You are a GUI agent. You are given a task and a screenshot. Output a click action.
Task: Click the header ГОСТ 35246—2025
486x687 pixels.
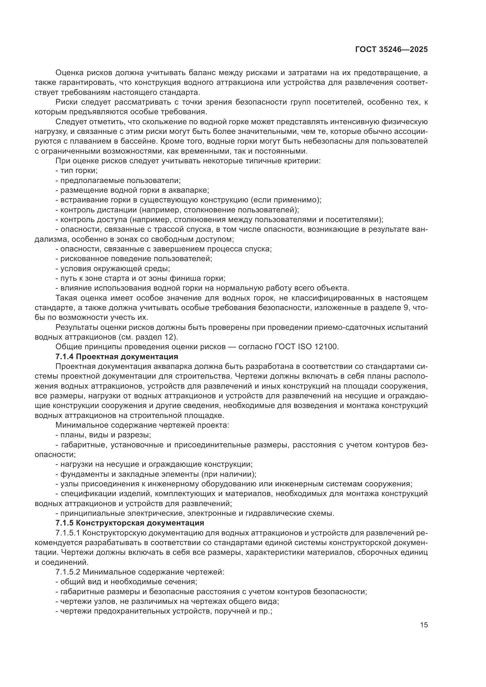click(391, 50)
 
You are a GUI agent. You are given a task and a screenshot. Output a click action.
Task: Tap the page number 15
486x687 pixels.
click(424, 625)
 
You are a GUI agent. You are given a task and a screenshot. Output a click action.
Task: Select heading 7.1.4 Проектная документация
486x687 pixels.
click(117, 357)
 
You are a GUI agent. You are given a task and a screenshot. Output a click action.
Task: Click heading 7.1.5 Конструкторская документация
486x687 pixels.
click(130, 523)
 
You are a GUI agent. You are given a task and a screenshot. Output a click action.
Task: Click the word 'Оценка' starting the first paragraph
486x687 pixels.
click(69, 73)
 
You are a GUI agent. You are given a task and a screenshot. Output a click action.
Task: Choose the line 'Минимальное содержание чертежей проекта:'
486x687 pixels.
click(142, 425)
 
